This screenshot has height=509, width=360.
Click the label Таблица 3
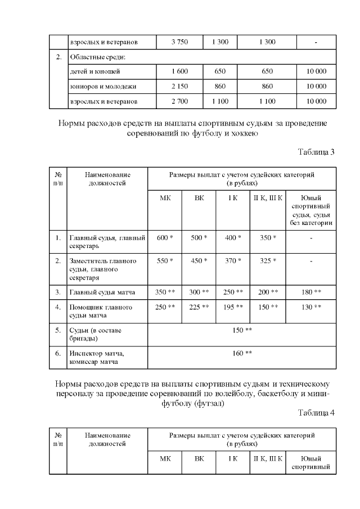pyautogui.click(x=316, y=152)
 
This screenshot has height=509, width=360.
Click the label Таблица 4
pyautogui.click(x=316, y=413)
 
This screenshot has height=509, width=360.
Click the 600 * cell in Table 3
pyautogui.click(x=164, y=238)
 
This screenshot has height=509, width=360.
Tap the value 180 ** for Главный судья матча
pyautogui.click(x=311, y=292)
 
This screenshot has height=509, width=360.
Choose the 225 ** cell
pyautogui.click(x=199, y=308)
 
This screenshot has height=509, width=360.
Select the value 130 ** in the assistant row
pyautogui.click(x=311, y=308)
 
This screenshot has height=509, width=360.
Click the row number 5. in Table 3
pyautogui.click(x=58, y=330)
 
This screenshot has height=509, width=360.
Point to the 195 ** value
pyautogui.click(x=233, y=308)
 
